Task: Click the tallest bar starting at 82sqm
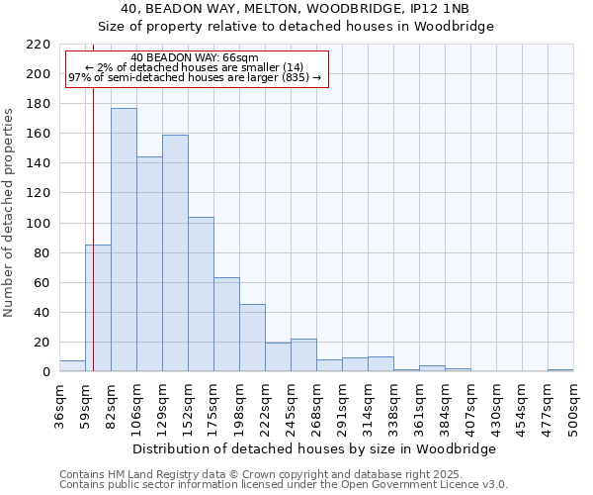pyautogui.click(x=124, y=240)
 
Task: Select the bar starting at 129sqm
pyautogui.click(x=175, y=252)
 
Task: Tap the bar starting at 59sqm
pyautogui.click(x=98, y=308)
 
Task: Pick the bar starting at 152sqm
pyautogui.click(x=201, y=294)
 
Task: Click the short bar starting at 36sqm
pyautogui.click(x=72, y=366)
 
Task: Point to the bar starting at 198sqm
pyautogui.click(x=252, y=338)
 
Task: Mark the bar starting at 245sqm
pyautogui.click(x=303, y=355)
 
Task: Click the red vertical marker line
pyautogui.click(x=93, y=198)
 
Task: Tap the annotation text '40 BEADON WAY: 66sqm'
pyautogui.click(x=194, y=58)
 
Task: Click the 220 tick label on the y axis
pyautogui.click(x=40, y=45)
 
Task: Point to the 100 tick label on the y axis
pyautogui.click(x=40, y=224)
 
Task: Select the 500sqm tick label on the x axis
pyautogui.click(x=574, y=407)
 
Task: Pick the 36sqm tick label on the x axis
pyautogui.click(x=60, y=405)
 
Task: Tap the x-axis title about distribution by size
pyautogui.click(x=314, y=448)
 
